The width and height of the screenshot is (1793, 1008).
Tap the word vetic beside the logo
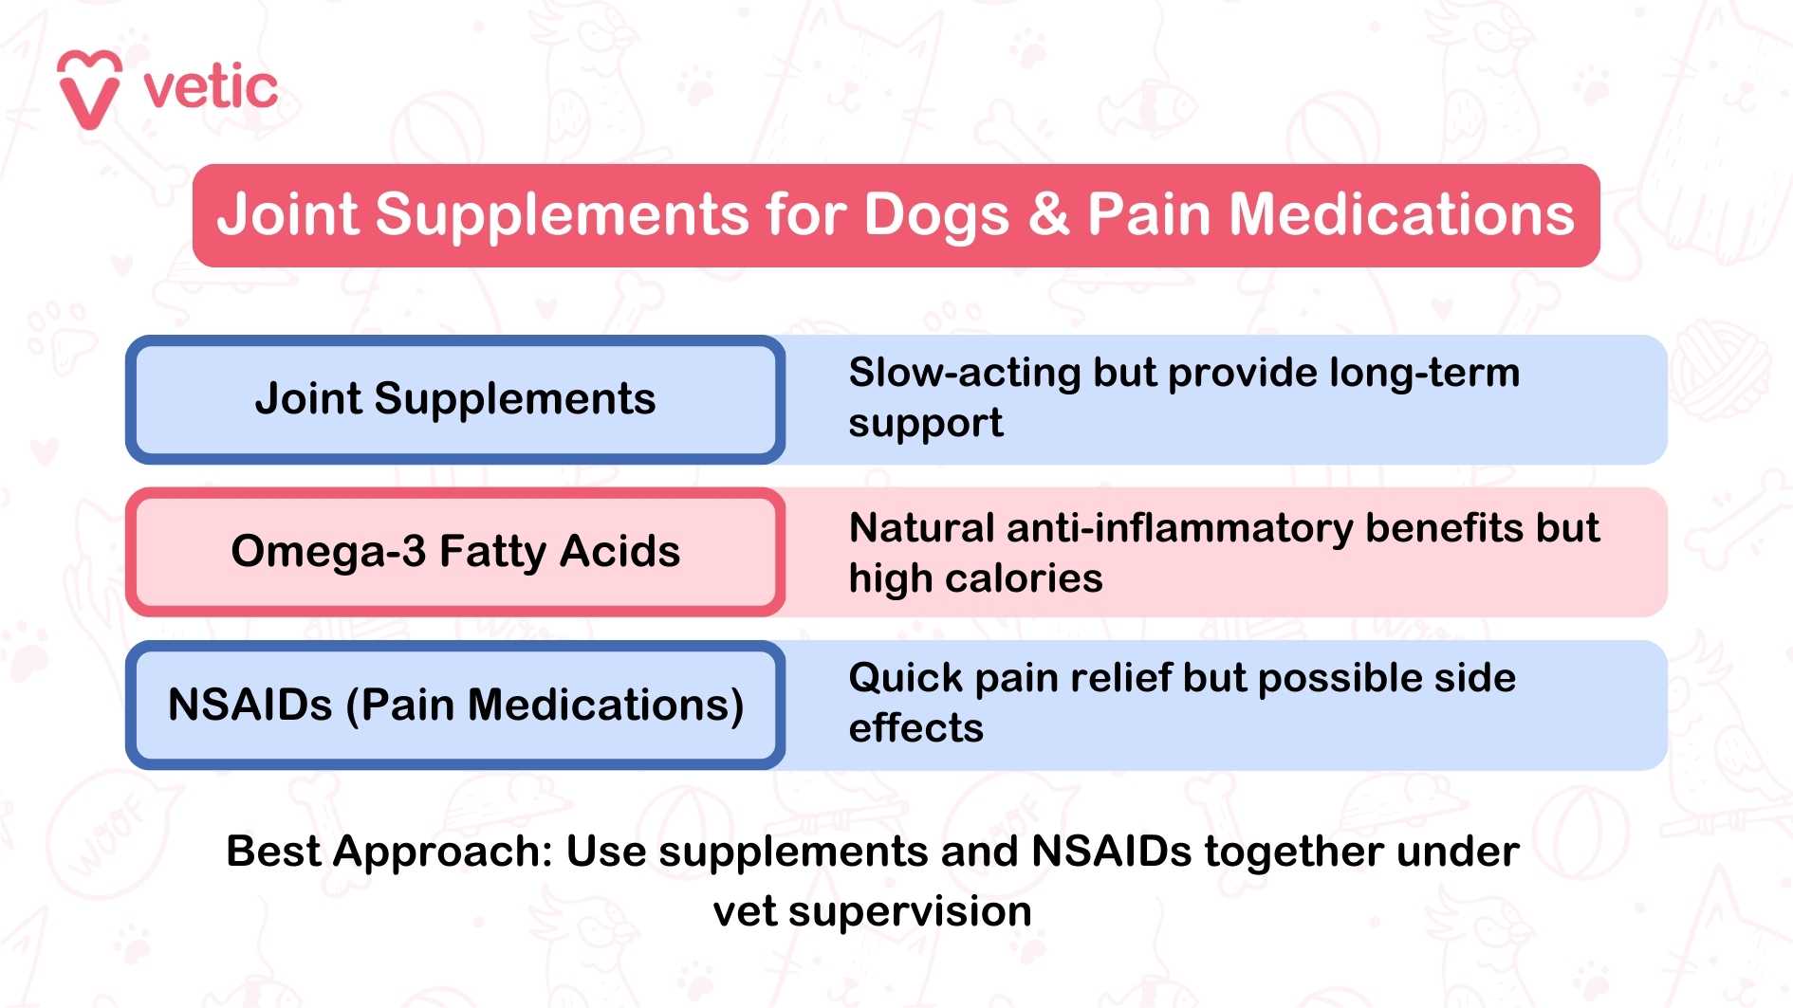pos(211,88)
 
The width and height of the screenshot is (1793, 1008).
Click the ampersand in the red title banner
pos(1048,214)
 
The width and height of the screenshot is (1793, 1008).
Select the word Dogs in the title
pos(935,216)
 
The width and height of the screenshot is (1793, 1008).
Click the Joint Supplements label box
pos(455,399)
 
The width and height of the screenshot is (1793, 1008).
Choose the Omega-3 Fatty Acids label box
pos(455,552)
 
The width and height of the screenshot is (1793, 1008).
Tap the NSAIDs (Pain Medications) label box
pos(455,706)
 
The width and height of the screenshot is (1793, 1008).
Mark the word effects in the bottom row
pos(915,728)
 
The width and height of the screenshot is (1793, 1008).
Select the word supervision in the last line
pos(910,911)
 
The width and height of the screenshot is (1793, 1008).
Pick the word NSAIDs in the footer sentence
pos(1111,852)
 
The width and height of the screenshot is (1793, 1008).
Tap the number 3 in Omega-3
pos(413,552)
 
